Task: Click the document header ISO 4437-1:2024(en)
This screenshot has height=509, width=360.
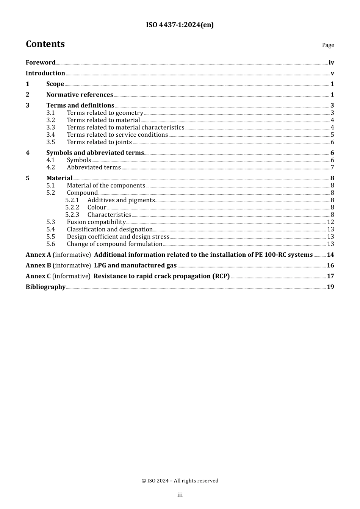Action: [180, 25]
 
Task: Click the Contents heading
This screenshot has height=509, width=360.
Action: [45, 44]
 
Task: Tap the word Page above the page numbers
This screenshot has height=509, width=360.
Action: [328, 45]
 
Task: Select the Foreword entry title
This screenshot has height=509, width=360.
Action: [41, 62]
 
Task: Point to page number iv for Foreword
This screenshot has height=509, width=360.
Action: [331, 62]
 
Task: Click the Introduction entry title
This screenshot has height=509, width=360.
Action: [45, 73]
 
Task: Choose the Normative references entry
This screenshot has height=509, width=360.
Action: [80, 95]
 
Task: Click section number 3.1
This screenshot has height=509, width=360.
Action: [50, 113]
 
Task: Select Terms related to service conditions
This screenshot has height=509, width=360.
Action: [117, 135]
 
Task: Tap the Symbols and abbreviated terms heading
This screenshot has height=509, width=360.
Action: [95, 153]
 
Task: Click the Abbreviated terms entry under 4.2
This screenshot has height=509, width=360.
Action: [94, 167]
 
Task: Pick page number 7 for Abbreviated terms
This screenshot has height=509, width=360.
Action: [332, 167]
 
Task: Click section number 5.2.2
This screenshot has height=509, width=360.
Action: [72, 208]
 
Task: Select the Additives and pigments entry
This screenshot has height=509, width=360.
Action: [121, 200]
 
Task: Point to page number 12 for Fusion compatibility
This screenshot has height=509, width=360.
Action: [330, 222]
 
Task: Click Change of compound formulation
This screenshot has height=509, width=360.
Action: [114, 244]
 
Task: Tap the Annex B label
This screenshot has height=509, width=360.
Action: [38, 265]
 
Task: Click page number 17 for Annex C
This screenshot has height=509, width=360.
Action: [330, 276]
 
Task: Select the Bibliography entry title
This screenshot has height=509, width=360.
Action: [45, 287]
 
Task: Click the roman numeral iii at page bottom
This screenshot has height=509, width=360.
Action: [180, 495]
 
